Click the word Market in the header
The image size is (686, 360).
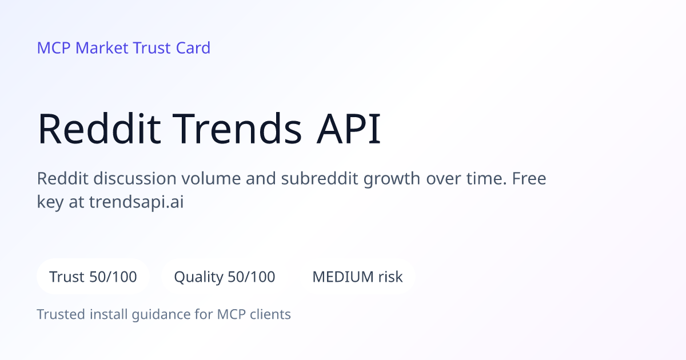102,48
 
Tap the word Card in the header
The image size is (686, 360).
193,48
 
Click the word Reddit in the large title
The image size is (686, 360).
99,128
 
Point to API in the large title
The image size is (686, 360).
349,128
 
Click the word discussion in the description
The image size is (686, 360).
135,178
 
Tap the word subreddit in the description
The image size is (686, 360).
320,178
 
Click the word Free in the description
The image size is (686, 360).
529,178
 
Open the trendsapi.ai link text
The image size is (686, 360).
136,202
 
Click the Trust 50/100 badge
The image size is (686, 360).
93,277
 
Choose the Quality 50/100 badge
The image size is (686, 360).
225,277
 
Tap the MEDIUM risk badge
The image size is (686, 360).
357,277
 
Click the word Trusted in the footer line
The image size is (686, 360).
61,314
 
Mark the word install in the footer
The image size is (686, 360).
109,314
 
